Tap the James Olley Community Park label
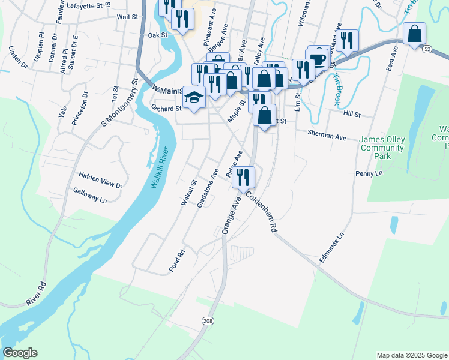click(x=382, y=148)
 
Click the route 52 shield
click(x=427, y=48)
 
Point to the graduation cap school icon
click(x=194, y=97)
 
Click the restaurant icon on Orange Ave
click(x=243, y=176)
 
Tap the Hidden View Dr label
click(x=100, y=178)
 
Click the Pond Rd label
click(x=175, y=262)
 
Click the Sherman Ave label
click(x=327, y=135)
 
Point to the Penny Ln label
click(x=369, y=173)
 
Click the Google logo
click(x=20, y=352)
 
